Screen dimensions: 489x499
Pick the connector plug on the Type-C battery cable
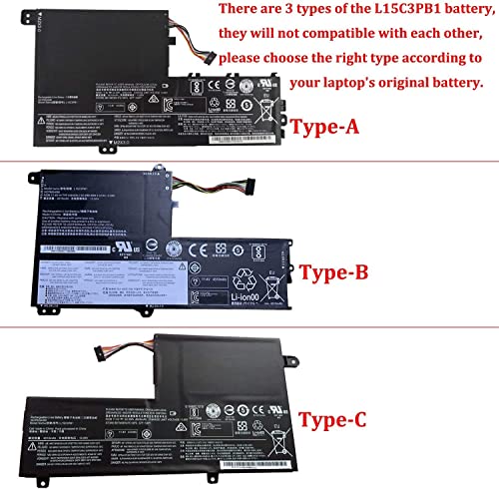(99, 355)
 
